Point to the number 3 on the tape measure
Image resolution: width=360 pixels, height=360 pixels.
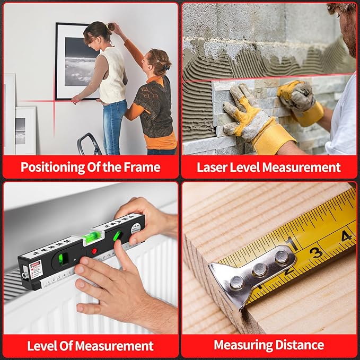[x=316, y=252]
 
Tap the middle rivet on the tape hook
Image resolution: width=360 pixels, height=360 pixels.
[x=259, y=269]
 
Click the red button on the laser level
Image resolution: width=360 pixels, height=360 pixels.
[x=94, y=251]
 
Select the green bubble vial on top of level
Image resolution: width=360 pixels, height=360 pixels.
[x=92, y=238]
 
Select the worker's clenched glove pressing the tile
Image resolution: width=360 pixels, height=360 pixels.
[x=300, y=101]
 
